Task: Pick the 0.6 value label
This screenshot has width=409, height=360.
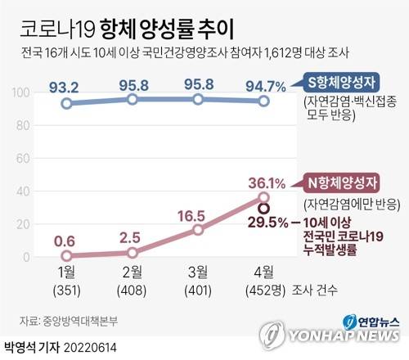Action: pos(66,241)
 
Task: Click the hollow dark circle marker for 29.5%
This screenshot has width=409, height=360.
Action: pos(263,209)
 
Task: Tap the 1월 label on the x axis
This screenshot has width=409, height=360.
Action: pos(66,272)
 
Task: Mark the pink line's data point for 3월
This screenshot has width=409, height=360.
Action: pos(198,230)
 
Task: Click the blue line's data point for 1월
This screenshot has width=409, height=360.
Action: pos(66,104)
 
